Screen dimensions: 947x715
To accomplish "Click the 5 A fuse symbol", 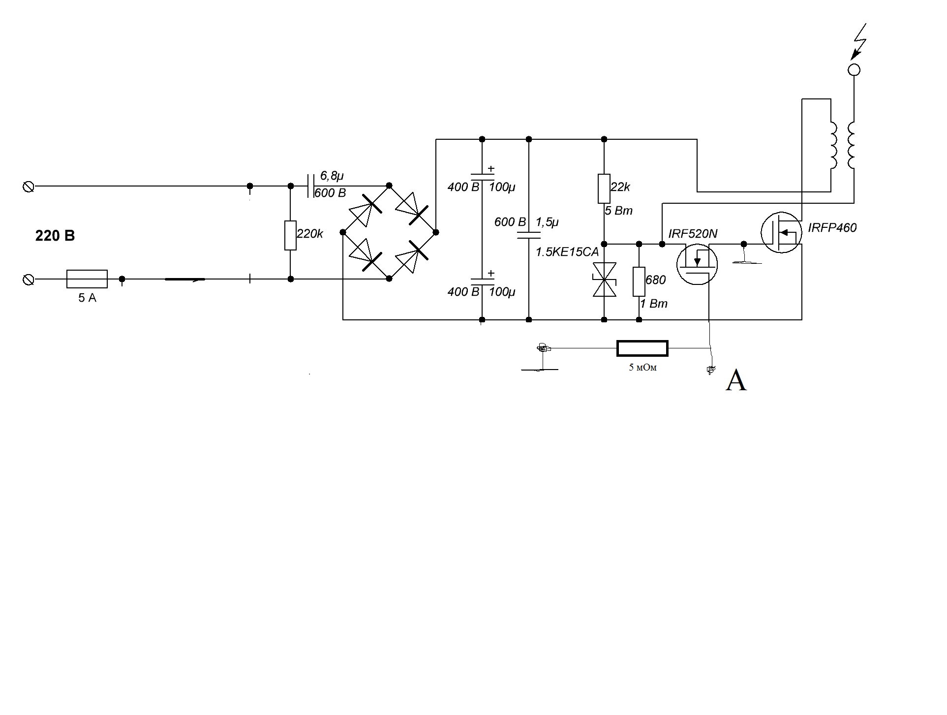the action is [x=87, y=279].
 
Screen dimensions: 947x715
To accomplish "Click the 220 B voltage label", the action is [x=55, y=236].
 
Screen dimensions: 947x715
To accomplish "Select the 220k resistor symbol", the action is [x=290, y=236].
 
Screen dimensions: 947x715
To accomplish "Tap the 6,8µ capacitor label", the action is [x=332, y=176].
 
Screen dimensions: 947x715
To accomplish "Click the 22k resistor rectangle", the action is [x=604, y=188].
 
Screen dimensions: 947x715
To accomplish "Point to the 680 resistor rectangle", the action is [x=639, y=281].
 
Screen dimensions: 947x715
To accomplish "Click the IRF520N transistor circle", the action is [x=697, y=265].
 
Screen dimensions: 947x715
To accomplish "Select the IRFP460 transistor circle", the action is [x=781, y=232].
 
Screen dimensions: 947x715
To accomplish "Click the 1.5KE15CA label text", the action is [x=567, y=252].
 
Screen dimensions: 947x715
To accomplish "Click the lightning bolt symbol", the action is [x=860, y=41].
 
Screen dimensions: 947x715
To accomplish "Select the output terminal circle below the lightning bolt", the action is [x=855, y=70].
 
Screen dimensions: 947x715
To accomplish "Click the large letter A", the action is [x=736, y=380].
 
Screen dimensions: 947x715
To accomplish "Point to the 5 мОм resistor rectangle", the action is [x=642, y=348].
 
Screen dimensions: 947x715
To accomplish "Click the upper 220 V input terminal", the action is [x=29, y=187].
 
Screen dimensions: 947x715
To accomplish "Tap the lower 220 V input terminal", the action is [x=29, y=280].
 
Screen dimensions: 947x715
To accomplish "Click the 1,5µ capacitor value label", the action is [x=547, y=222].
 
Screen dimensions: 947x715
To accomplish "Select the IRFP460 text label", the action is [x=832, y=228].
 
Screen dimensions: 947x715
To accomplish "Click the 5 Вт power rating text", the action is [x=618, y=211].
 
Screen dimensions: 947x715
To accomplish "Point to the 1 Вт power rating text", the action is [x=654, y=304].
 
